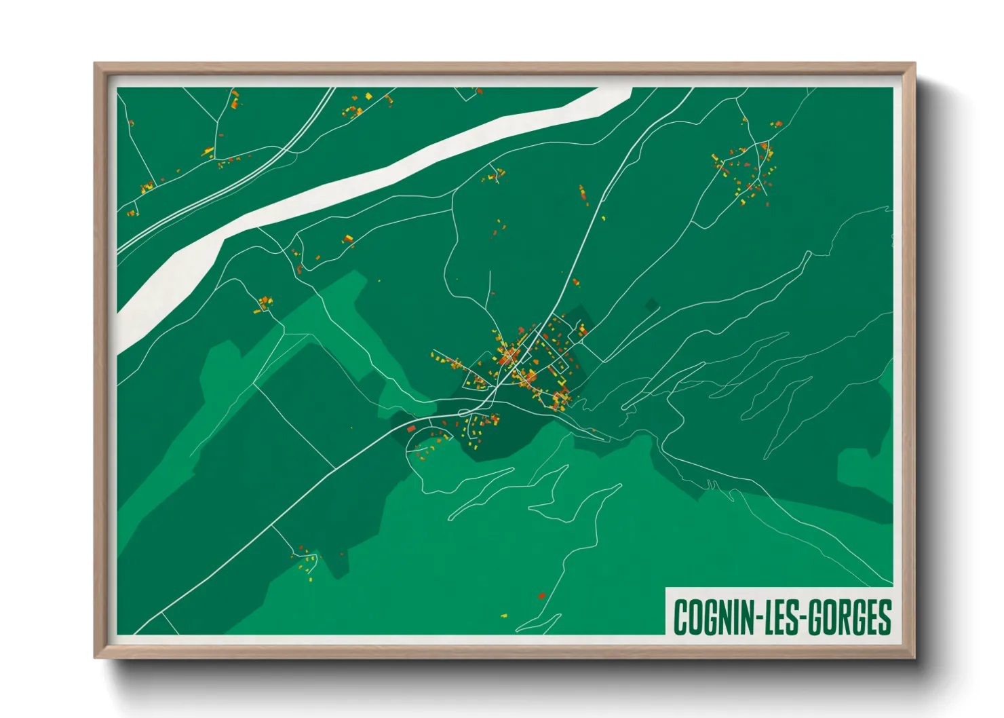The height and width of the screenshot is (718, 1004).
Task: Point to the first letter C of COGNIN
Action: [680, 617]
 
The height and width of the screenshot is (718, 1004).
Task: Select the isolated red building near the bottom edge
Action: [541, 596]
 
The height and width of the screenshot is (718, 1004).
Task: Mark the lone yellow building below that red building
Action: [504, 616]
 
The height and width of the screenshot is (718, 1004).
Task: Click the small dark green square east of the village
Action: [652, 305]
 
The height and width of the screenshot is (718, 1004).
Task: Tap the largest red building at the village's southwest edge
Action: [410, 429]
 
